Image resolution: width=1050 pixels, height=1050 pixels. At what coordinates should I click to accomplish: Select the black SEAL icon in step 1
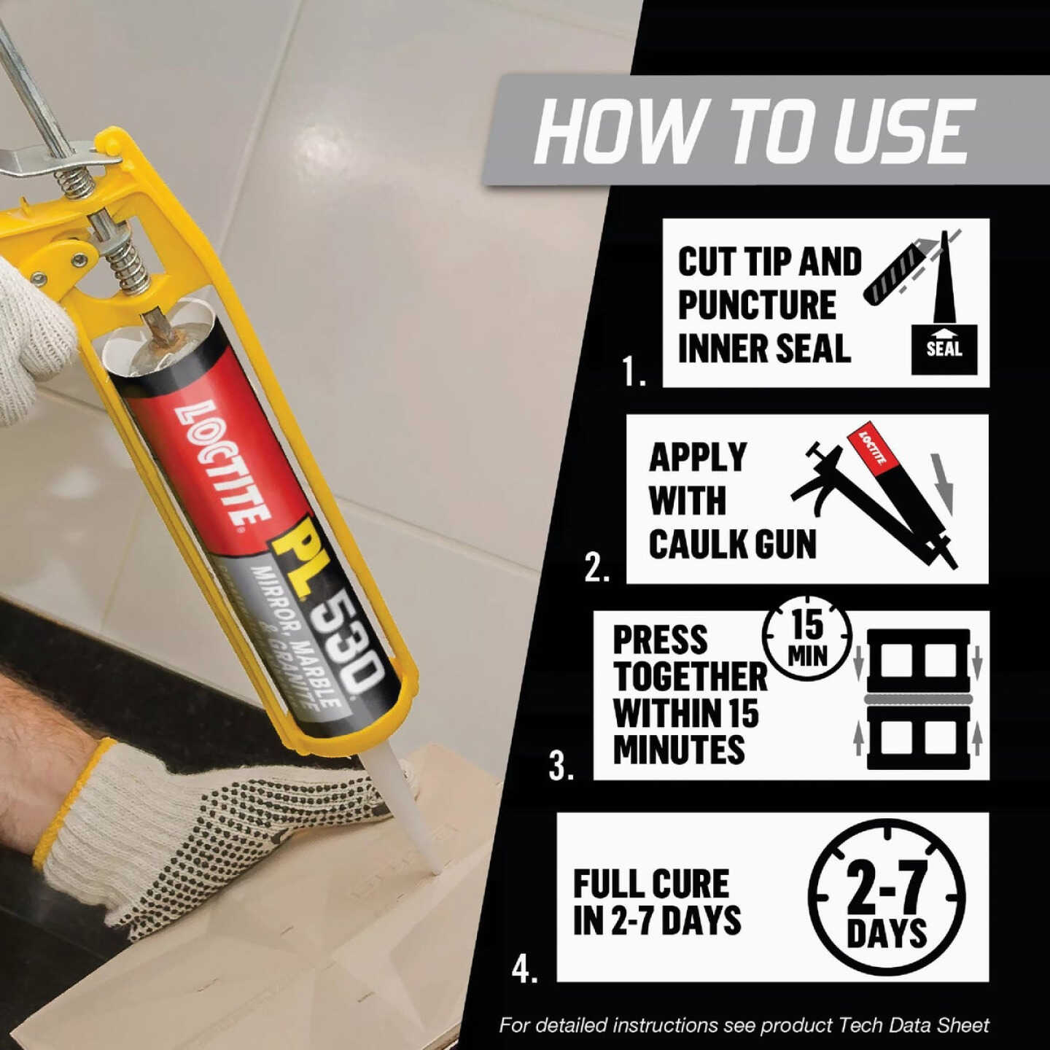(944, 349)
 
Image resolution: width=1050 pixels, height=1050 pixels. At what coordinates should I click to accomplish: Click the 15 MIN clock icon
(807, 637)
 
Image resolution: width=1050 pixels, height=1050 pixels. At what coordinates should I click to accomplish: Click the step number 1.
(633, 373)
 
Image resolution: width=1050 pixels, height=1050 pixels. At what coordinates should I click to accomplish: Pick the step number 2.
(596, 568)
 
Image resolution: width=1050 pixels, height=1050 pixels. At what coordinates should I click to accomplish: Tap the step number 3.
(561, 766)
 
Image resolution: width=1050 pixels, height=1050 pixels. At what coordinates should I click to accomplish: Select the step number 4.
(524, 969)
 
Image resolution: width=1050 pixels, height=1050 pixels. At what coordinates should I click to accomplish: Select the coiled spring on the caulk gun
(124, 248)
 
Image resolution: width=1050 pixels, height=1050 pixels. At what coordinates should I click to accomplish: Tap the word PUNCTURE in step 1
(757, 305)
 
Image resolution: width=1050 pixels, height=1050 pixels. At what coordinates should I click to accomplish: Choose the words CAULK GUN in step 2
(732, 544)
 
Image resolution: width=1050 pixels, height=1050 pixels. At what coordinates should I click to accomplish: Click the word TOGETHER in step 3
(690, 677)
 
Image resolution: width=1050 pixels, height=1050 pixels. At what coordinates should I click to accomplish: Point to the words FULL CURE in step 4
(650, 884)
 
